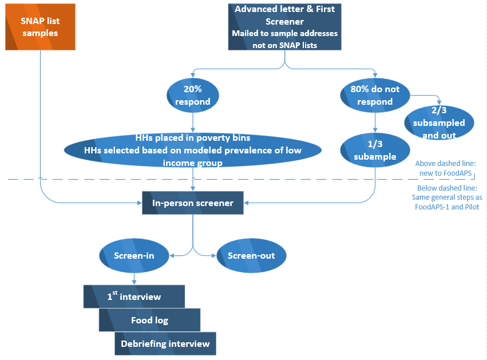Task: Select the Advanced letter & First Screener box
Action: [x=284, y=27]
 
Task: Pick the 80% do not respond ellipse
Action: [x=375, y=95]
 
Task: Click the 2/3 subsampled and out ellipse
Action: [x=440, y=122]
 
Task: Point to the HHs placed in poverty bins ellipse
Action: [x=192, y=150]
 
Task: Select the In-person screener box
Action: [x=192, y=203]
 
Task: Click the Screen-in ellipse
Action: [x=134, y=255]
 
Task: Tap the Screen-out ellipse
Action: [x=251, y=255]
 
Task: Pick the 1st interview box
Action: [x=134, y=296]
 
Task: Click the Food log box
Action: [x=149, y=320]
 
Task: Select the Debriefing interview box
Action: [x=165, y=343]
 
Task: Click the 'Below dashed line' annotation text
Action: [x=446, y=197]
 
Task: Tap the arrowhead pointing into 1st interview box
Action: [x=134, y=282]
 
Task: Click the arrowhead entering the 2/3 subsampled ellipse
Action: [x=438, y=101]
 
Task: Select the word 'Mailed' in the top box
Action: [x=246, y=33]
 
